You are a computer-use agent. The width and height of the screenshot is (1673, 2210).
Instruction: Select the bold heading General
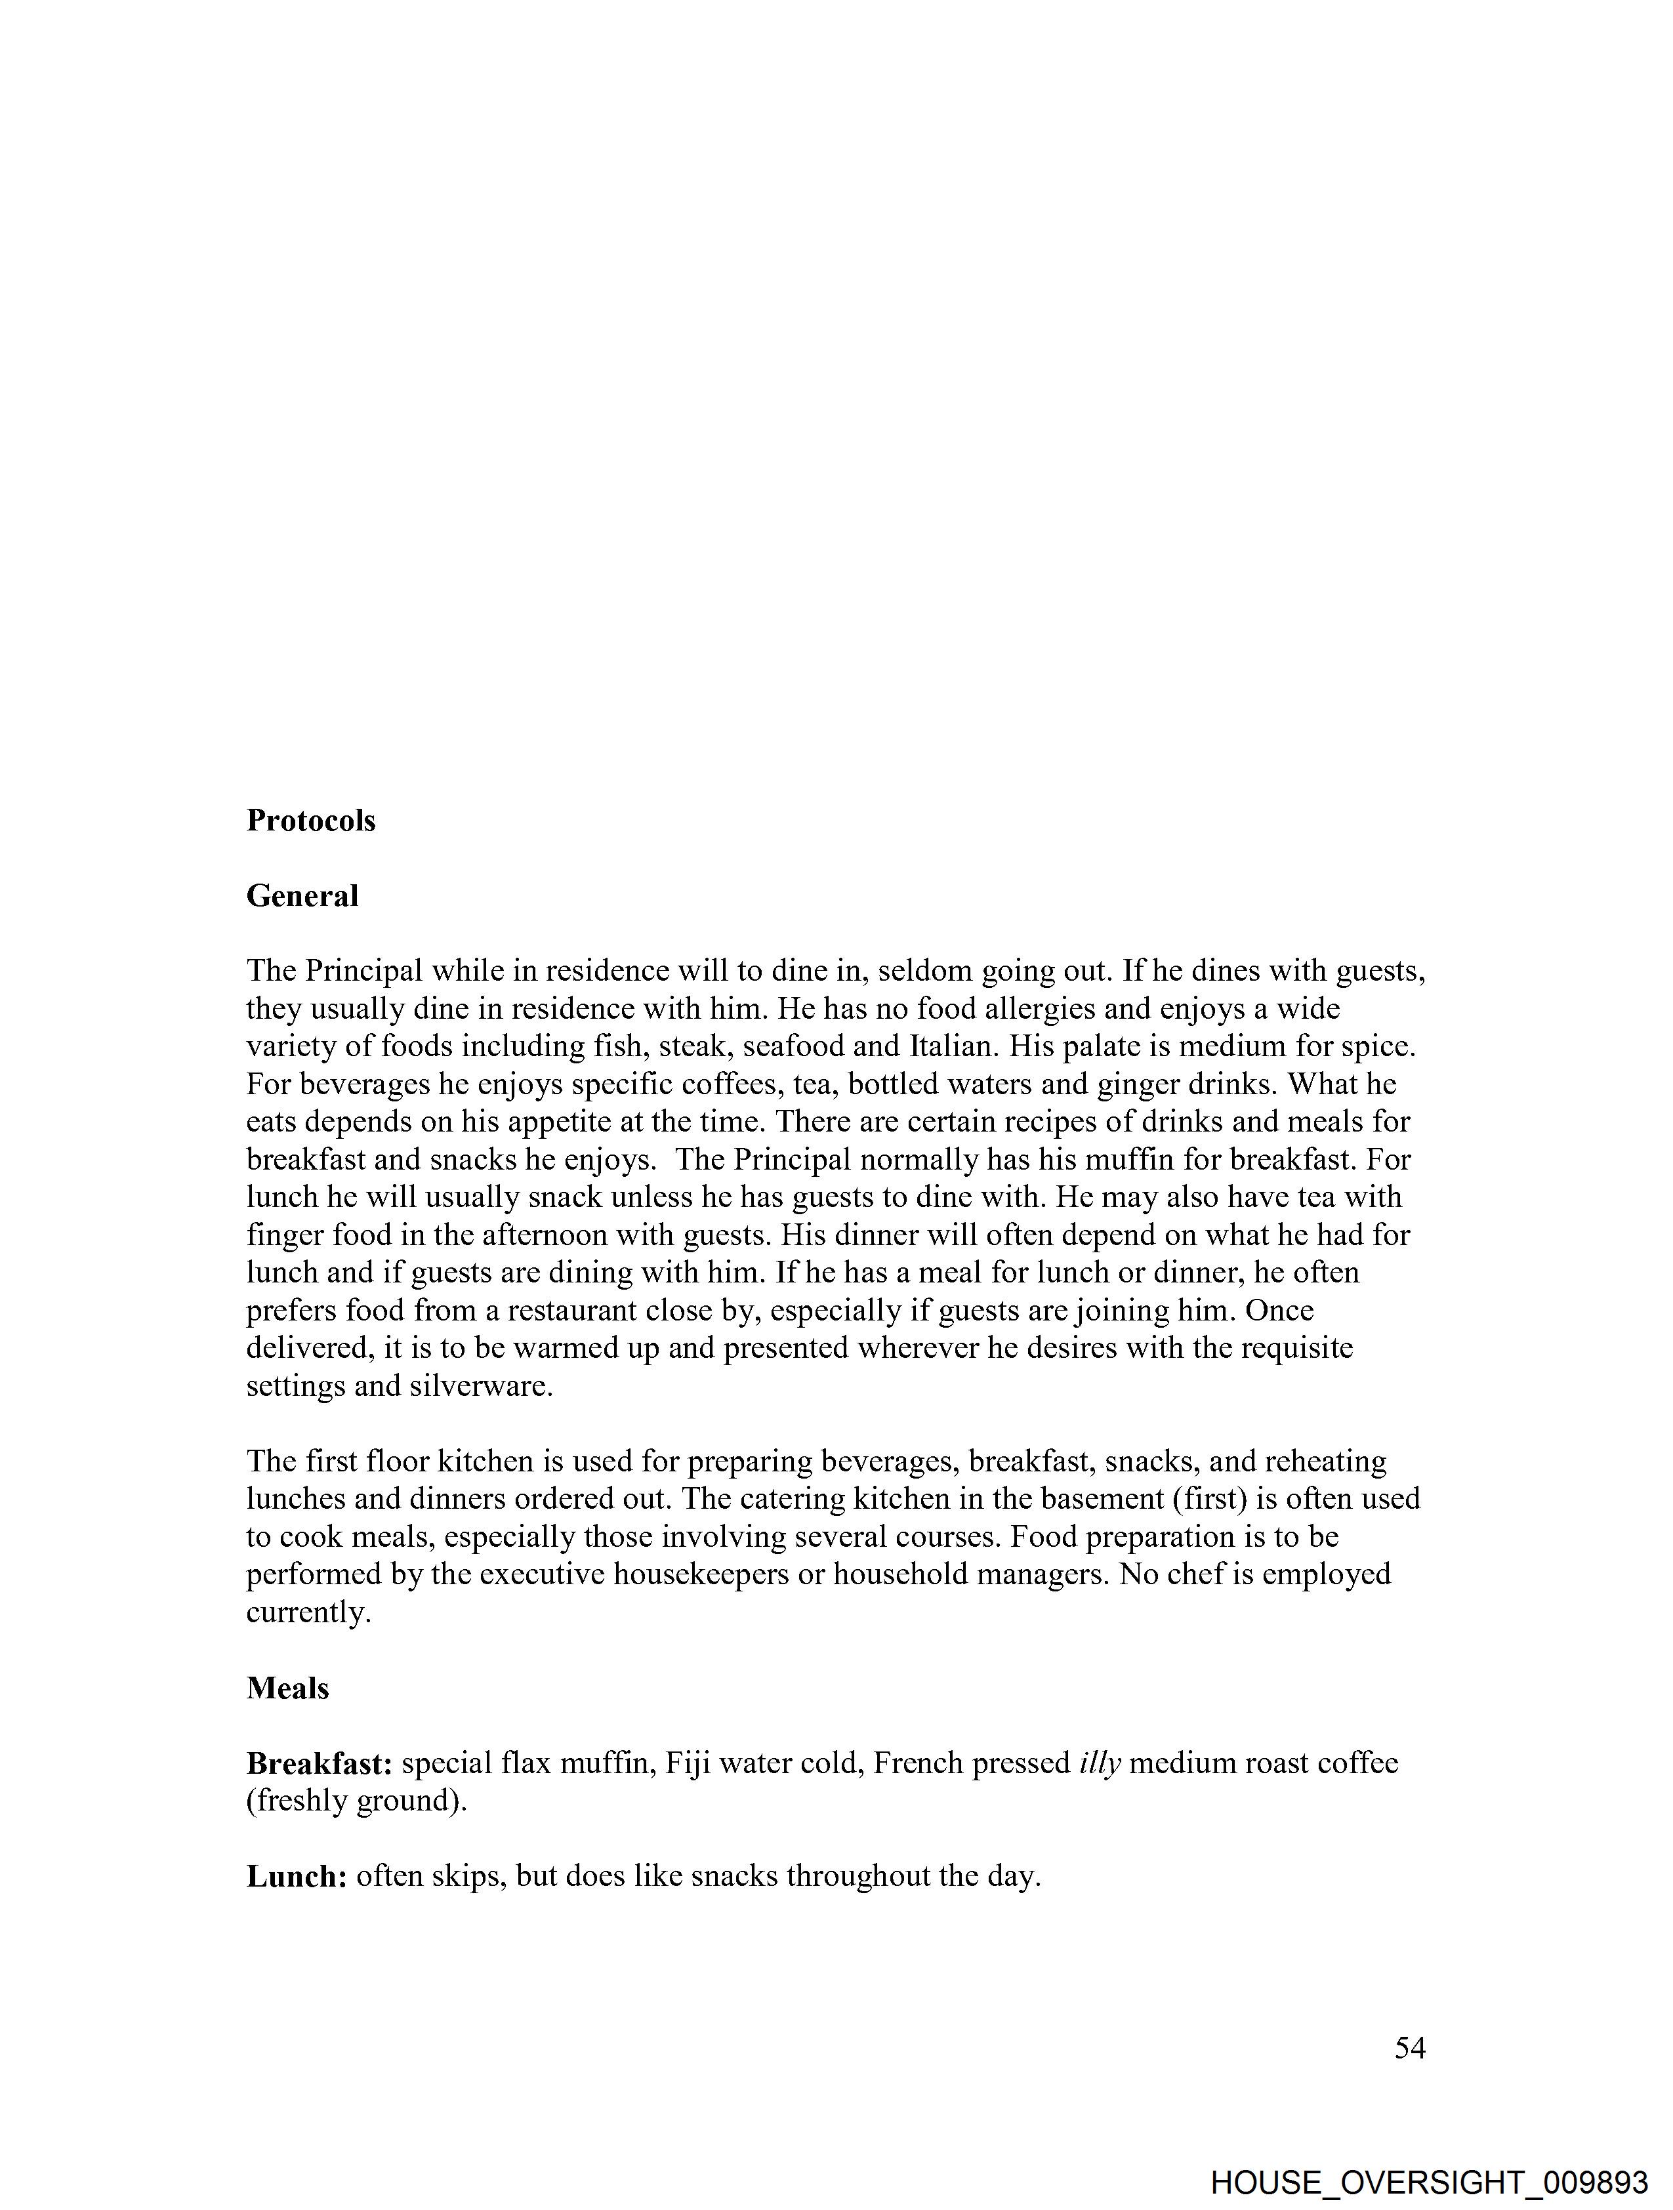click(x=302, y=896)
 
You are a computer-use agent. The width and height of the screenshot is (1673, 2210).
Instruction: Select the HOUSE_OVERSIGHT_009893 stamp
click(x=1429, y=2181)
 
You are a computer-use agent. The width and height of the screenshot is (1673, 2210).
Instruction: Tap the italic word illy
click(x=1100, y=1763)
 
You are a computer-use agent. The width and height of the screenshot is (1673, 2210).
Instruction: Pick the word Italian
click(x=955, y=1046)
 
